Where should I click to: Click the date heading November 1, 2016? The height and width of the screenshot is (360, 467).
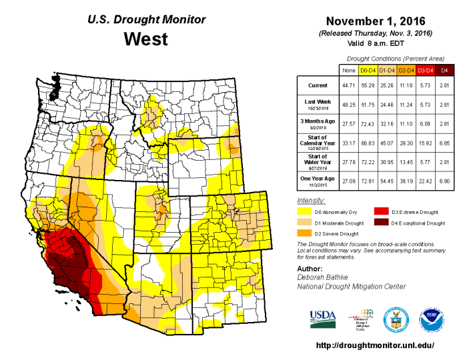tap(376, 21)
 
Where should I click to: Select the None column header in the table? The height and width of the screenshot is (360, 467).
tap(348, 69)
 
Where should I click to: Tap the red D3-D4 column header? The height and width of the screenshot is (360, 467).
tap(425, 69)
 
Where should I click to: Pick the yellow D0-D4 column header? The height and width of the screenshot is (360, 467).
tap(368, 69)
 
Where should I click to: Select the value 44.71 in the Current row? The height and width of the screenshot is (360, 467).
tap(348, 86)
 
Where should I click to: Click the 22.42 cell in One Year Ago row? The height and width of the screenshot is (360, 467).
tap(425, 179)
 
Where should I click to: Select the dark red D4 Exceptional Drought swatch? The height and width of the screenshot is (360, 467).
tap(381, 223)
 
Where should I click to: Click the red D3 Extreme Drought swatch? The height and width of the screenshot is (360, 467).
tap(381, 211)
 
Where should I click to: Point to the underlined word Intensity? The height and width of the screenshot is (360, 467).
tap(310, 201)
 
